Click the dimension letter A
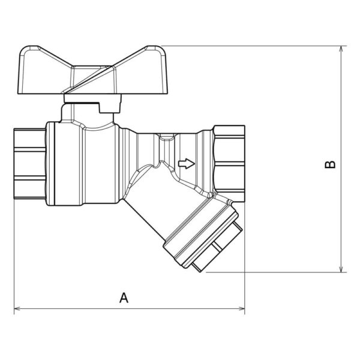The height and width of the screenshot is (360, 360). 124,298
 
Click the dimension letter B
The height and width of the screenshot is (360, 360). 330,164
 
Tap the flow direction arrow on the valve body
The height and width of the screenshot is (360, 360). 187,163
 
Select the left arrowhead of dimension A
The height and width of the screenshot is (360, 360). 17,308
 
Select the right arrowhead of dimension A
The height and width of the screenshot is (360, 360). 242,308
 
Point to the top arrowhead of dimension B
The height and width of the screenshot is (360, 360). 341,49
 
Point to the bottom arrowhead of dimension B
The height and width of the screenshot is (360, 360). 341,269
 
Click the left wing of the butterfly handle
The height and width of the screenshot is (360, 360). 44,71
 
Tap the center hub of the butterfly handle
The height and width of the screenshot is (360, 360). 93,79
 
